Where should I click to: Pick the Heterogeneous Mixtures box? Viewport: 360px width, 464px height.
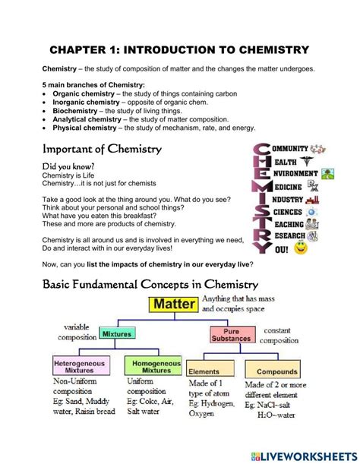(80, 366)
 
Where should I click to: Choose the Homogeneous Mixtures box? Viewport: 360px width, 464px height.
(153, 366)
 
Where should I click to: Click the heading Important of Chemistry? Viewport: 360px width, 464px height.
(101, 149)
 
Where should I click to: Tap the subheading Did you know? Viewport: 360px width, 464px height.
(70, 166)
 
